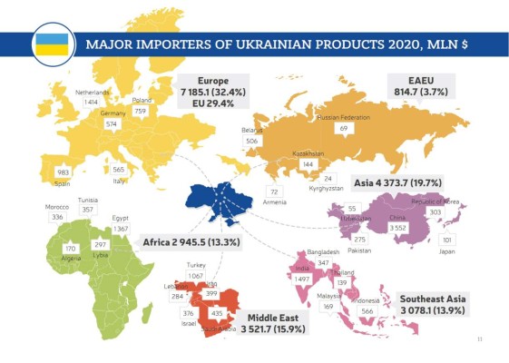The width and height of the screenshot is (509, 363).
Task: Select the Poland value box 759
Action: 140,112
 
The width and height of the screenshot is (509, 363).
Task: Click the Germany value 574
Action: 112,123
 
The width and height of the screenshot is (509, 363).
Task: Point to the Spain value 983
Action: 63,172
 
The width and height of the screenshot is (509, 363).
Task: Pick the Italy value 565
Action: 119,170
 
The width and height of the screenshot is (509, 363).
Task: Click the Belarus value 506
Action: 252,142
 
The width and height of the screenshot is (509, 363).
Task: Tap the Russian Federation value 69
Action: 344,130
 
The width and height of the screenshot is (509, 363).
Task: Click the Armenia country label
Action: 275,201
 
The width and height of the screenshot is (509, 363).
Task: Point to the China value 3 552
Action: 397,228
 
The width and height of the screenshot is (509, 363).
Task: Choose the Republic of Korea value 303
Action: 435,211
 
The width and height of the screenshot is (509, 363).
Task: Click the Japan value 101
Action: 446,240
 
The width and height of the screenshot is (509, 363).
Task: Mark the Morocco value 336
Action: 57,218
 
